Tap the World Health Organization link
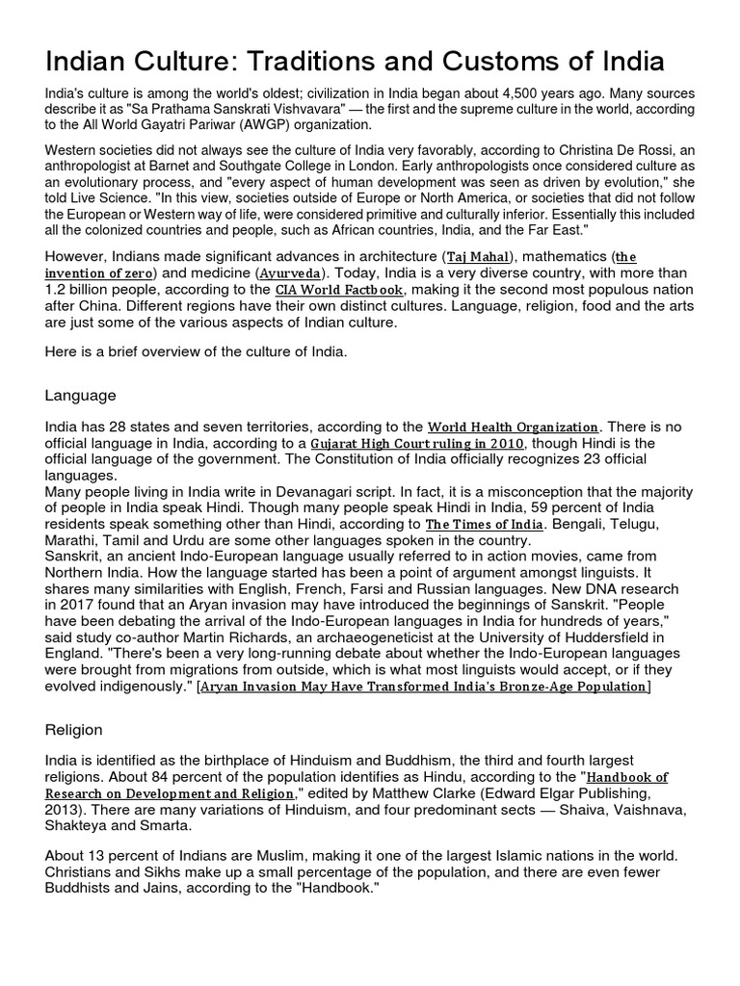point(515,427)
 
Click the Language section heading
point(81,395)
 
